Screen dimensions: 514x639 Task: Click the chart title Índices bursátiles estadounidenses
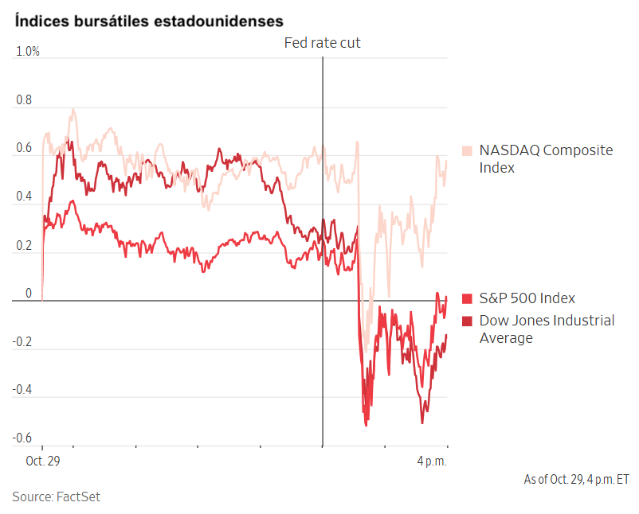148,20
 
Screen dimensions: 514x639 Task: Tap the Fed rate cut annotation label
322,43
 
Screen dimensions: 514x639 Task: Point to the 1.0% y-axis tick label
28,52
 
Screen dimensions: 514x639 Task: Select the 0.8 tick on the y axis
24,101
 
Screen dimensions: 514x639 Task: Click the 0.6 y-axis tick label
24,148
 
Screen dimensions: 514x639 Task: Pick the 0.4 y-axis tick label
24,197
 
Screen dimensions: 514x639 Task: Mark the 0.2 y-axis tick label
24,245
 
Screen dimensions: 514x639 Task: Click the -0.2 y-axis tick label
22,342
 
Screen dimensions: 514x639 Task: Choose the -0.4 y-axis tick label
22,390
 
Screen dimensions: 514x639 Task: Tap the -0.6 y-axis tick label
22,438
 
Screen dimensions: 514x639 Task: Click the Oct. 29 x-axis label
43,461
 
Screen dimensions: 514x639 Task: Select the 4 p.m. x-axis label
432,461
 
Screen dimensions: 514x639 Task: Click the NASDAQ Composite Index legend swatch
468,150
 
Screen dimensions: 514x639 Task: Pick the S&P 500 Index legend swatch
468,298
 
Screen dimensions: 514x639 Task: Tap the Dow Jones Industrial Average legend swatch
468,321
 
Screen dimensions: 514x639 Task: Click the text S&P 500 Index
527,298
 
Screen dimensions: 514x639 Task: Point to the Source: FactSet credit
56,496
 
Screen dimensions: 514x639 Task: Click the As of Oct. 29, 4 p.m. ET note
576,480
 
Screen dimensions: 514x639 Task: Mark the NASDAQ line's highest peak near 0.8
73,110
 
